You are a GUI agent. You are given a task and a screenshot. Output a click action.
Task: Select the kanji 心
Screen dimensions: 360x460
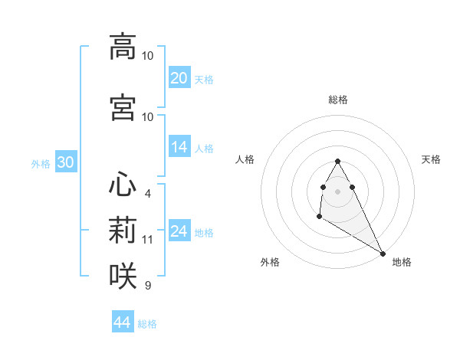123,185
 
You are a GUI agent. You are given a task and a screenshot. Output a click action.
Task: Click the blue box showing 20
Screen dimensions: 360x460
179,78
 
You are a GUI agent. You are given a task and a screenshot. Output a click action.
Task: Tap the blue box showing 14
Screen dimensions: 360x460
179,147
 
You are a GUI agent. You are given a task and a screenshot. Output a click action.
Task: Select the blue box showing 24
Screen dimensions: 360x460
179,231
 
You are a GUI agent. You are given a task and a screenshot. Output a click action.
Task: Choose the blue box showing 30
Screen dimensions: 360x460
65,162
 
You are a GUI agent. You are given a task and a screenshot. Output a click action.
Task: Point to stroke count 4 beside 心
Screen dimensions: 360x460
147,194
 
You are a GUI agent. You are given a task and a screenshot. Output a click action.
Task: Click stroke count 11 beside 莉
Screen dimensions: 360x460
148,240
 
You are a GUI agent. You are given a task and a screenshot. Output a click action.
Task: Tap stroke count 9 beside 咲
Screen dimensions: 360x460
147,286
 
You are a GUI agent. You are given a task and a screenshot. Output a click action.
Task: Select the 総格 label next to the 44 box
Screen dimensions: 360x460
147,324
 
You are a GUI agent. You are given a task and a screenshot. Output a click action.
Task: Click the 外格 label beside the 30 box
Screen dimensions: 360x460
41,163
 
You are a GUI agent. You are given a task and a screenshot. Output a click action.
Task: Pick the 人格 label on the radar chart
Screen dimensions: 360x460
245,159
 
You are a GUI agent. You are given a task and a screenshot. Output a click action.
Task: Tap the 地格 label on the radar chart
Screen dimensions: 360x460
402,262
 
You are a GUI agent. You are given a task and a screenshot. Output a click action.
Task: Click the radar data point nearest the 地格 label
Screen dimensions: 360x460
383,253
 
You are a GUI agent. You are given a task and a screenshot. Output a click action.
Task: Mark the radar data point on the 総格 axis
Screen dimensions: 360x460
337,161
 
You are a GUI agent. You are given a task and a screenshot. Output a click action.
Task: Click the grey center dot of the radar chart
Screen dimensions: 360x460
337,191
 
